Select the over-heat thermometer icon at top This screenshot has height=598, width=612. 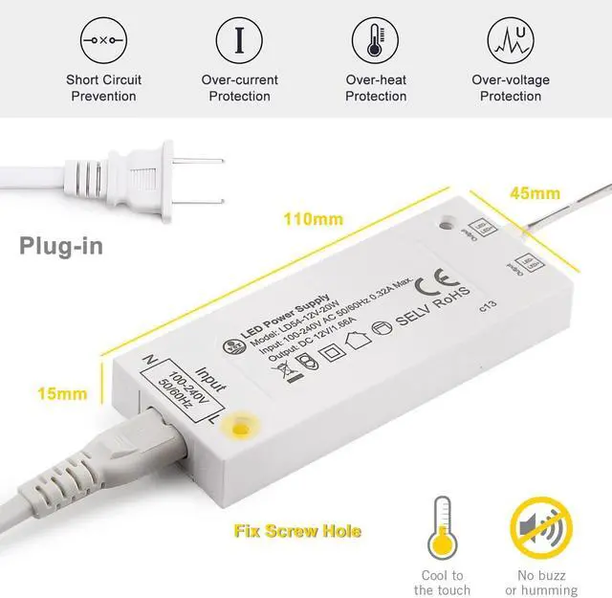(x=375, y=39)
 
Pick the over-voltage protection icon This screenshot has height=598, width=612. (x=511, y=39)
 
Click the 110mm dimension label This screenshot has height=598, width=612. (x=313, y=219)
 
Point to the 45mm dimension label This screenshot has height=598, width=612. (x=534, y=194)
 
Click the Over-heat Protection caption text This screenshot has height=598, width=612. (x=375, y=88)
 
